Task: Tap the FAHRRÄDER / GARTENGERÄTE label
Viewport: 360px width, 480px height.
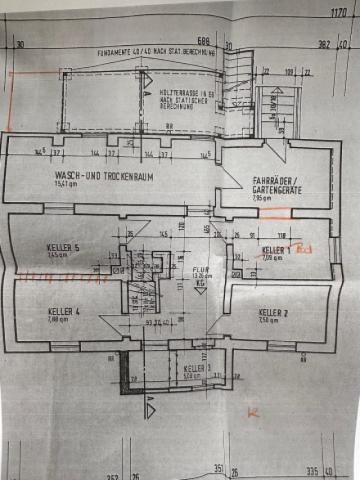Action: point(269,184)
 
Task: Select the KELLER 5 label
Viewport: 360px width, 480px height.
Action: point(62,247)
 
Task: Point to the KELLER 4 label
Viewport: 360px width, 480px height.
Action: point(63,312)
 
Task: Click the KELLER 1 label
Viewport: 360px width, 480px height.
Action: point(275,249)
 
